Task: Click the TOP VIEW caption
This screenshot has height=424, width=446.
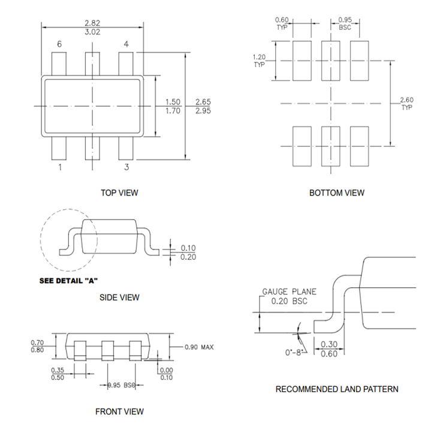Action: (119, 193)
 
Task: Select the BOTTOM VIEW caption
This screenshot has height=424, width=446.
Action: (336, 193)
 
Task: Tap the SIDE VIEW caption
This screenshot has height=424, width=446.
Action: (119, 297)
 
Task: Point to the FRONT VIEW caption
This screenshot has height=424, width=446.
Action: (119, 411)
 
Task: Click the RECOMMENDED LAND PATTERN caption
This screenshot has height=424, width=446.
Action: (336, 389)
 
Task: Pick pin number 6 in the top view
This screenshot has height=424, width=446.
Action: (59, 44)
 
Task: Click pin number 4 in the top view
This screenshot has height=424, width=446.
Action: (126, 44)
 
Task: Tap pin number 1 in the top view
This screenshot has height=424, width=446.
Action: (59, 167)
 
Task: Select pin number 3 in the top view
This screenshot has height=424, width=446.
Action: (126, 167)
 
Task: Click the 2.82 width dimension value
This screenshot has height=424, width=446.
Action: (92, 23)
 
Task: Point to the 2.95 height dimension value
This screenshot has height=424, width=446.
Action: (204, 111)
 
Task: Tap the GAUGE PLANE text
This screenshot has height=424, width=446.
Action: (289, 292)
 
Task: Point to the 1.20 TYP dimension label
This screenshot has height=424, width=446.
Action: (260, 60)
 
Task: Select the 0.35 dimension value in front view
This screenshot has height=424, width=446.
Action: (58, 369)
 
